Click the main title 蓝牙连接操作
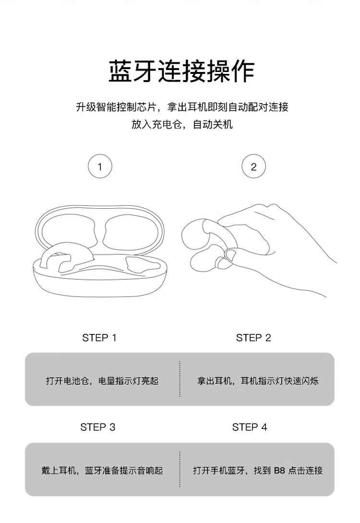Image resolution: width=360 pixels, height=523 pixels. (181, 71)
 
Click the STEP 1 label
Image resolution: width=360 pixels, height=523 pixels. (99, 338)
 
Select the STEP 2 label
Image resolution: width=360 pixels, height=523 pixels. (253, 338)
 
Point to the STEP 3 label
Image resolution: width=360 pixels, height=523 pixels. (98, 427)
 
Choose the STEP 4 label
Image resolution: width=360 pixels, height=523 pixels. (250, 427)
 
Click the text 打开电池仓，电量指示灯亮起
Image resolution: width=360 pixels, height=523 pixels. (102, 381)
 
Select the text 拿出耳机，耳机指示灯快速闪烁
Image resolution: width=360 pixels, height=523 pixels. (258, 381)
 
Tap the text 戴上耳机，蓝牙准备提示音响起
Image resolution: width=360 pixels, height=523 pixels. (102, 471)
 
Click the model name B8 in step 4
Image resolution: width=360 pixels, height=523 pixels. (279, 471)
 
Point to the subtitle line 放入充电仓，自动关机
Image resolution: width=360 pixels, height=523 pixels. (182, 124)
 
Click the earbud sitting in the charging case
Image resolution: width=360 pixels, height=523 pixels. (56, 257)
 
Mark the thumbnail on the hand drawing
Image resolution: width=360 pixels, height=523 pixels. (231, 255)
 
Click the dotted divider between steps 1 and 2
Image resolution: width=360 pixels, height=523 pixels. (180, 379)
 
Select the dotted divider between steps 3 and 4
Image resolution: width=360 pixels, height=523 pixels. (180, 469)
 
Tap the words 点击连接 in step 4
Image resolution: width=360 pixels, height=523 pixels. (305, 471)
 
